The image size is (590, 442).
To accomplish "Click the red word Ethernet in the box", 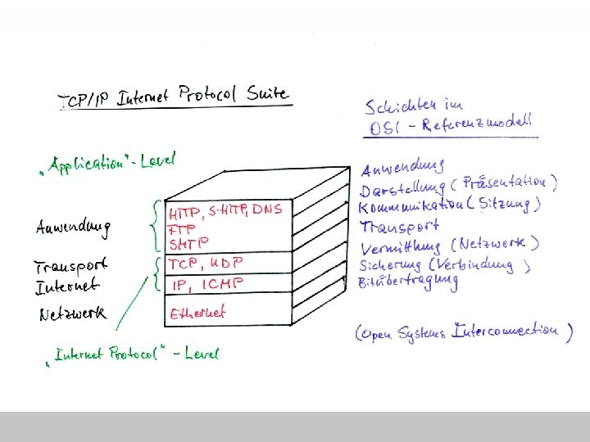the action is [197, 312].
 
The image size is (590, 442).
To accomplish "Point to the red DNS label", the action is [266, 210].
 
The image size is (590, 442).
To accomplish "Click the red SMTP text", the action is [188, 243].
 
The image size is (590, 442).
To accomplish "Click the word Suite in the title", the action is [267, 93].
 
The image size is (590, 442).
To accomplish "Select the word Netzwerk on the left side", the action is [72, 314].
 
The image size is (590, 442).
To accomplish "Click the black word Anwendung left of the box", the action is [72, 228].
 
